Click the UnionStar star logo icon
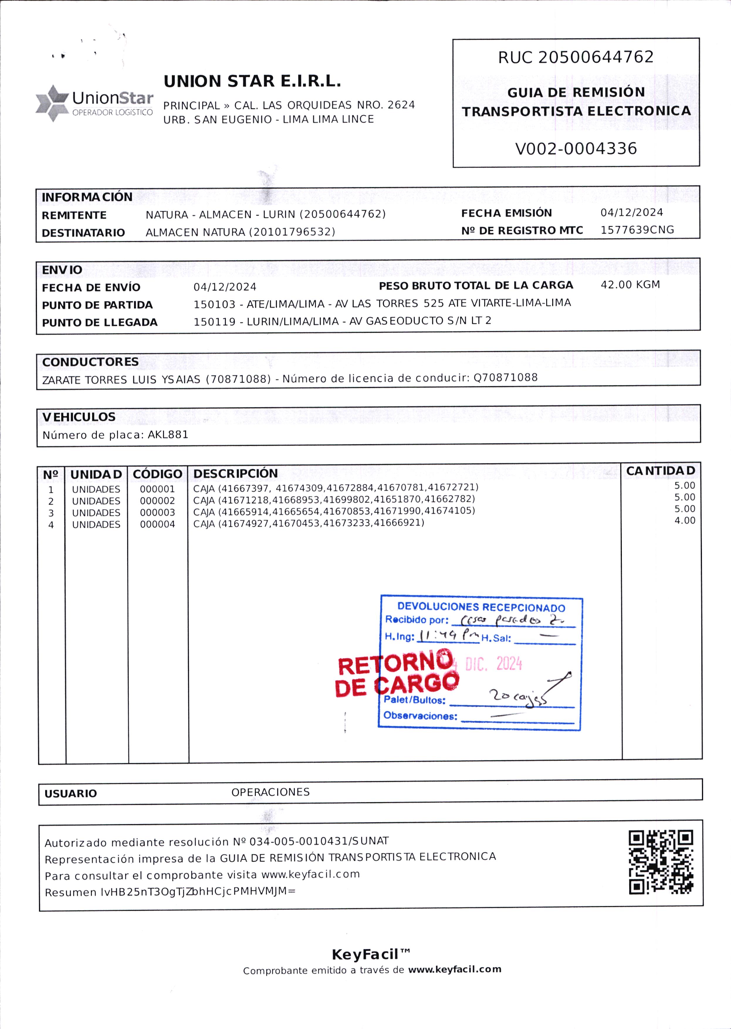tap(53, 103)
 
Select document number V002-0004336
tap(576, 149)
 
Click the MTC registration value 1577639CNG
tap(637, 230)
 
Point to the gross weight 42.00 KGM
tap(630, 285)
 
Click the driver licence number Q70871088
tap(505, 378)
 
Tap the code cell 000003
tap(157, 513)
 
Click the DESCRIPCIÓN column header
tap(236, 474)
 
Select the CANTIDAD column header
tap(660, 471)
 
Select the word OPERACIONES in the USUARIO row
tap(270, 792)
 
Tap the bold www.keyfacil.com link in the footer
tap(455, 969)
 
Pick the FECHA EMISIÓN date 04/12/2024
tap(632, 213)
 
